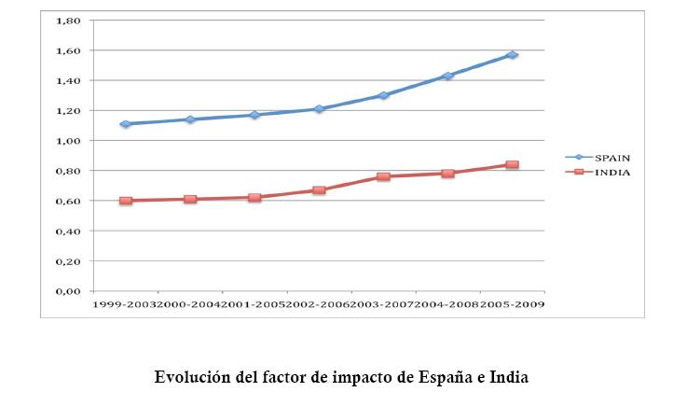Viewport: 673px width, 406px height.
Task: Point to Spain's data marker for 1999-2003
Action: coord(125,124)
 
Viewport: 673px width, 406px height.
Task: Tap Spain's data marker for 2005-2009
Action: coord(512,55)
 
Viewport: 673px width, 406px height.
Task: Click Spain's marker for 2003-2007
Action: coord(383,95)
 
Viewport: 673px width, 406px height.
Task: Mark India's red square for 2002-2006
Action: coord(319,190)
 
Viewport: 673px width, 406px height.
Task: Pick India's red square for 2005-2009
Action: coord(512,165)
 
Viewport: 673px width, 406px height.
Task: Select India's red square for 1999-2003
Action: coord(125,201)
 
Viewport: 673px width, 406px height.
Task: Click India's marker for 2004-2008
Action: coord(447,174)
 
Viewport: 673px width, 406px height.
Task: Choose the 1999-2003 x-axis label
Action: coord(121,304)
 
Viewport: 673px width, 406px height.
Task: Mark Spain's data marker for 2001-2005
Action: coord(254,115)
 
